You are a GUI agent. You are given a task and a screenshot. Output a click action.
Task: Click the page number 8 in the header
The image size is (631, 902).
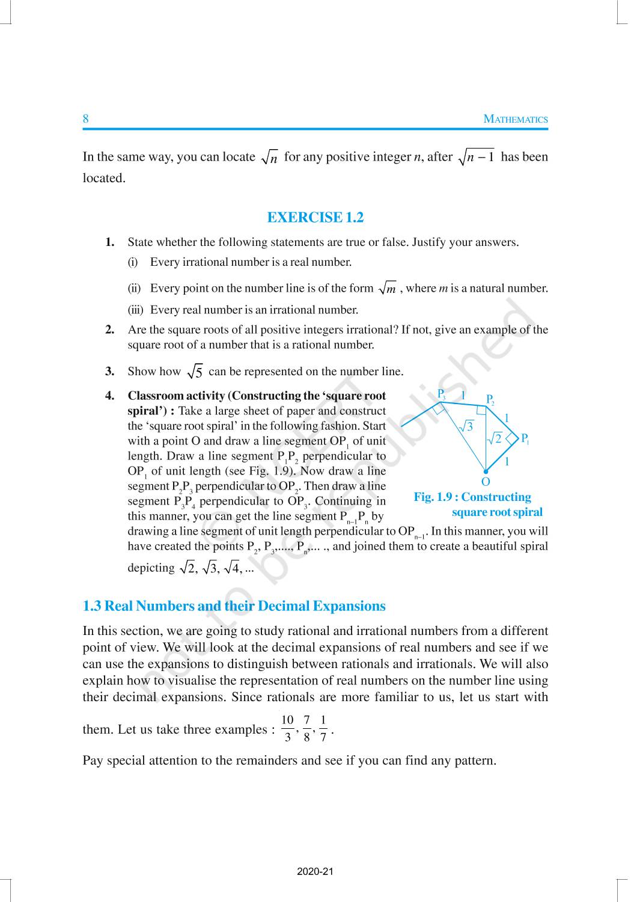coord(85,118)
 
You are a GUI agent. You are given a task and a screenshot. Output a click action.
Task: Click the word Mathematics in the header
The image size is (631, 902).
coord(516,119)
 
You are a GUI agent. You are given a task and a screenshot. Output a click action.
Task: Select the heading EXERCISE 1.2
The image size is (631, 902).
coord(315,217)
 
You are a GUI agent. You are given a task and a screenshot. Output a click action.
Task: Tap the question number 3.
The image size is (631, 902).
coord(110,372)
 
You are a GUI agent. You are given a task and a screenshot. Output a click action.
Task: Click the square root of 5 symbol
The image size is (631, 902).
coord(195,372)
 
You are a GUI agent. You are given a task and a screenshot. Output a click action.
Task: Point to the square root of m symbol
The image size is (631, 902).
coord(388,289)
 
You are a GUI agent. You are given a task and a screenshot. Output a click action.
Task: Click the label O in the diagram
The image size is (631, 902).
coord(486,482)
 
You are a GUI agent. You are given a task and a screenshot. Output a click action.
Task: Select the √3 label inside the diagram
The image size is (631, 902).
coord(466,426)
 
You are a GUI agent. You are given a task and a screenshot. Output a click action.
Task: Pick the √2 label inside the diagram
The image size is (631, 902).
coord(494,438)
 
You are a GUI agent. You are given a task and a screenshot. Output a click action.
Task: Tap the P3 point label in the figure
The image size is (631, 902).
coord(442,394)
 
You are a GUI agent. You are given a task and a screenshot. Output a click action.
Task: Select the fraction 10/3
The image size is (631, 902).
coord(287,728)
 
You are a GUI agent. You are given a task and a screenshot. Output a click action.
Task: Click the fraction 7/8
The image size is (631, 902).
coord(306,728)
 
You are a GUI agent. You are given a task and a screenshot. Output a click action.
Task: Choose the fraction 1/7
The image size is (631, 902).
coord(323,728)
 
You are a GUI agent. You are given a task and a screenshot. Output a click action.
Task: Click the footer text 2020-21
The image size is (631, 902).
coord(315,871)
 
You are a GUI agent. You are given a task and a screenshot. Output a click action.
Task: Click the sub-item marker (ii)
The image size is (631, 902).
coord(134,289)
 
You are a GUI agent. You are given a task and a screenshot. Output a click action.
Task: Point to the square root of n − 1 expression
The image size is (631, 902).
coord(476,158)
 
